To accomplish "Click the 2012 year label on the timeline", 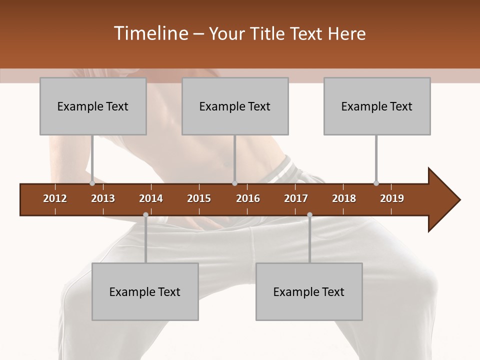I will (55, 198).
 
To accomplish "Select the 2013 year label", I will (103, 198).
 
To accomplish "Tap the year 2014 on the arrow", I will (151, 198).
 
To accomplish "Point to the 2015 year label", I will (199, 198).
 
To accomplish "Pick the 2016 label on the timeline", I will (248, 198).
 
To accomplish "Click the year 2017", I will (296, 198).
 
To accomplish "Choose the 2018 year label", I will (344, 198).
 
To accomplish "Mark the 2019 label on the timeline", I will (392, 198).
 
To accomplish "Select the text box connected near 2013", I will (93, 106).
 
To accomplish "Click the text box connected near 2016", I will (235, 106).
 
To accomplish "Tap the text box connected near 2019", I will (377, 106).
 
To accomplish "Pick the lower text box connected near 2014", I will (145, 291).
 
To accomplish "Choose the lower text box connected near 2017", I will (309, 291).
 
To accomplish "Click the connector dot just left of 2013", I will (92, 183).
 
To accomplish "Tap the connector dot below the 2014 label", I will (145, 214).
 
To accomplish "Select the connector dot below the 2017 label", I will (309, 214).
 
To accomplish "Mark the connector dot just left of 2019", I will (376, 183).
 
